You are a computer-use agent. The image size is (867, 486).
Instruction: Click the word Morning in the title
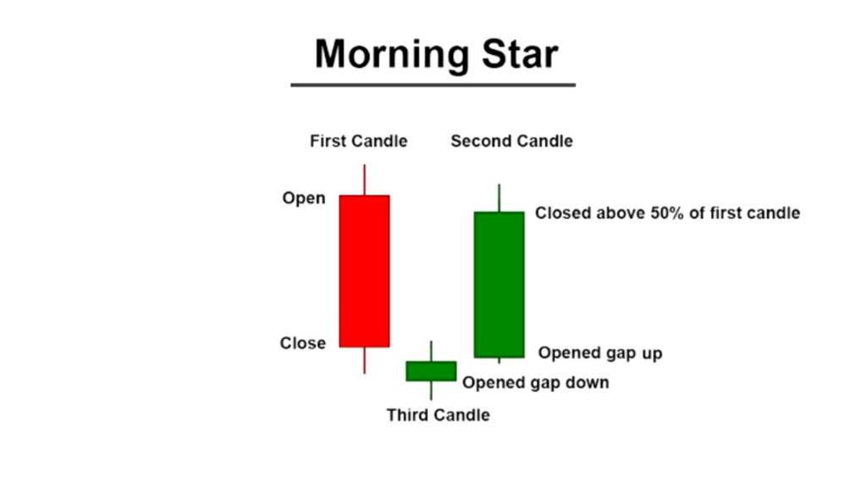pos(392,56)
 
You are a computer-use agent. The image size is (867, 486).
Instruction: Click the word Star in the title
pos(520,54)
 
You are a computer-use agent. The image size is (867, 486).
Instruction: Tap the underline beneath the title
pos(433,86)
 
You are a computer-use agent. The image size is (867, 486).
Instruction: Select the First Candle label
pos(358,141)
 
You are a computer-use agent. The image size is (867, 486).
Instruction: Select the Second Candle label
pos(511,141)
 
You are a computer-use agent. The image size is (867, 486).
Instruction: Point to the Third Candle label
pos(438,415)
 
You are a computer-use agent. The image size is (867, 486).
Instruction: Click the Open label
pos(304,199)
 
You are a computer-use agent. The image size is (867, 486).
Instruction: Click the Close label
pos(302,343)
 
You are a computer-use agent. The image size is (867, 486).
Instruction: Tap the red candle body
pos(364,271)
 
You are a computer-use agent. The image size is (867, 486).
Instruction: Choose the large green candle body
pos(499,284)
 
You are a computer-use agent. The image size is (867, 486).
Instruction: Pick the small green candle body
pos(431,371)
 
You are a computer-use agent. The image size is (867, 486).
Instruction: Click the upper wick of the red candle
pos(364,179)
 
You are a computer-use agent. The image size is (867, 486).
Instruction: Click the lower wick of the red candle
pos(364,361)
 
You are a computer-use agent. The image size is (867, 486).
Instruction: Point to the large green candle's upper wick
pos(499,198)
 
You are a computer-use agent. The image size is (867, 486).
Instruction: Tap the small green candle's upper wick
pos(431,351)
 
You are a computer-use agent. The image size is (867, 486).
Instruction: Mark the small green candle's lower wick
pos(431,390)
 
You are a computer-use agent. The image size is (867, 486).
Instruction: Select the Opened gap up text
pos(600,353)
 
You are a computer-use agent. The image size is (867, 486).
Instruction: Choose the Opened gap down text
pos(535,383)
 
